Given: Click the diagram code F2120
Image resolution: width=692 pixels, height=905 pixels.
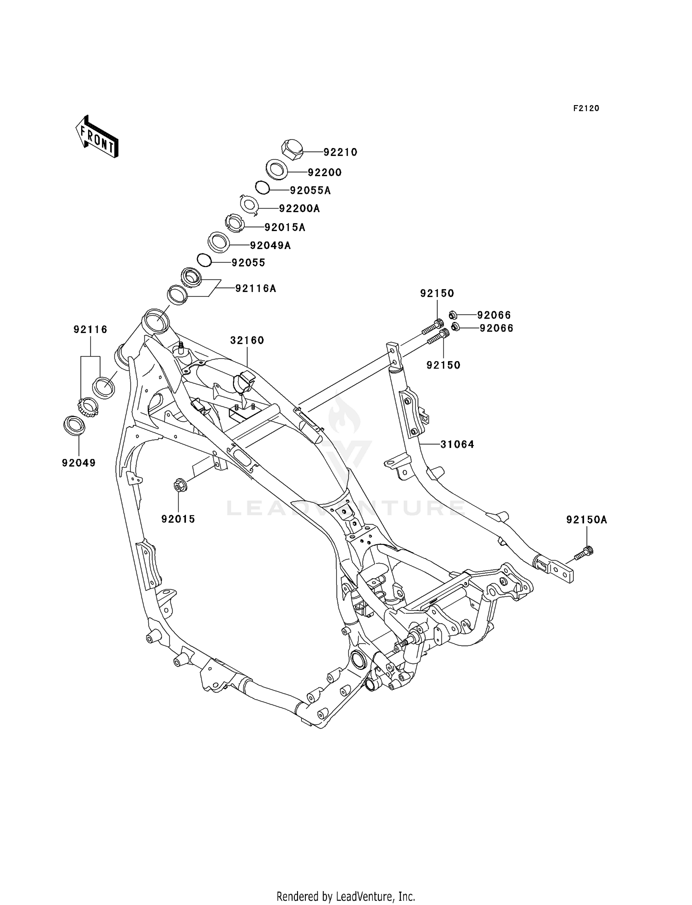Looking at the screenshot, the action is point(586,108).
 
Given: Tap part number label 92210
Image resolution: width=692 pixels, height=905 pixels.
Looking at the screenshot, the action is point(340,152).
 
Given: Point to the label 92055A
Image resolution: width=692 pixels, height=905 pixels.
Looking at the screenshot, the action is point(310,190).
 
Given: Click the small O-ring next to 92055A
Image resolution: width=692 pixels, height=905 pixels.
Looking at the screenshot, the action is point(262,188).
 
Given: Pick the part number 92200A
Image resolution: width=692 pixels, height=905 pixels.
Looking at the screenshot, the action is point(299,208).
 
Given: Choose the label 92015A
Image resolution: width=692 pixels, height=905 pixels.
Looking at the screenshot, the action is point(285,227).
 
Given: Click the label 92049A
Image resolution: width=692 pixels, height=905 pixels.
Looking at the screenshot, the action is point(270,245).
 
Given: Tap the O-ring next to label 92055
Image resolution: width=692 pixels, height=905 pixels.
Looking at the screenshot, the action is point(204,260).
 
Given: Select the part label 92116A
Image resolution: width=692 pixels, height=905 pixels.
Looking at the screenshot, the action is point(256,289).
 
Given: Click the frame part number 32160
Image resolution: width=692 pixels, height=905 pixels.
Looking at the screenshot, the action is point(247,340).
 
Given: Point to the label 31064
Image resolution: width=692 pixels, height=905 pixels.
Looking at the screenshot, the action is point(457,444).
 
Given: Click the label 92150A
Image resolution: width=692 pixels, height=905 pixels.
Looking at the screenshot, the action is point(587,520).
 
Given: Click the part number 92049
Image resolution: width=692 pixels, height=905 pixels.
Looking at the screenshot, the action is point(79,463).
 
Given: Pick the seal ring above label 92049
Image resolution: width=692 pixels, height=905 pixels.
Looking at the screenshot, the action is point(74,425).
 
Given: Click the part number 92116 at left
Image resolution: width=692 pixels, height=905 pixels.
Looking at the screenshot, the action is point(90,329).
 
